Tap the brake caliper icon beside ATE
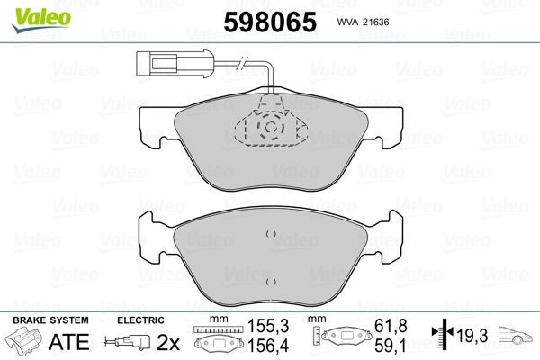point(24,342)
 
